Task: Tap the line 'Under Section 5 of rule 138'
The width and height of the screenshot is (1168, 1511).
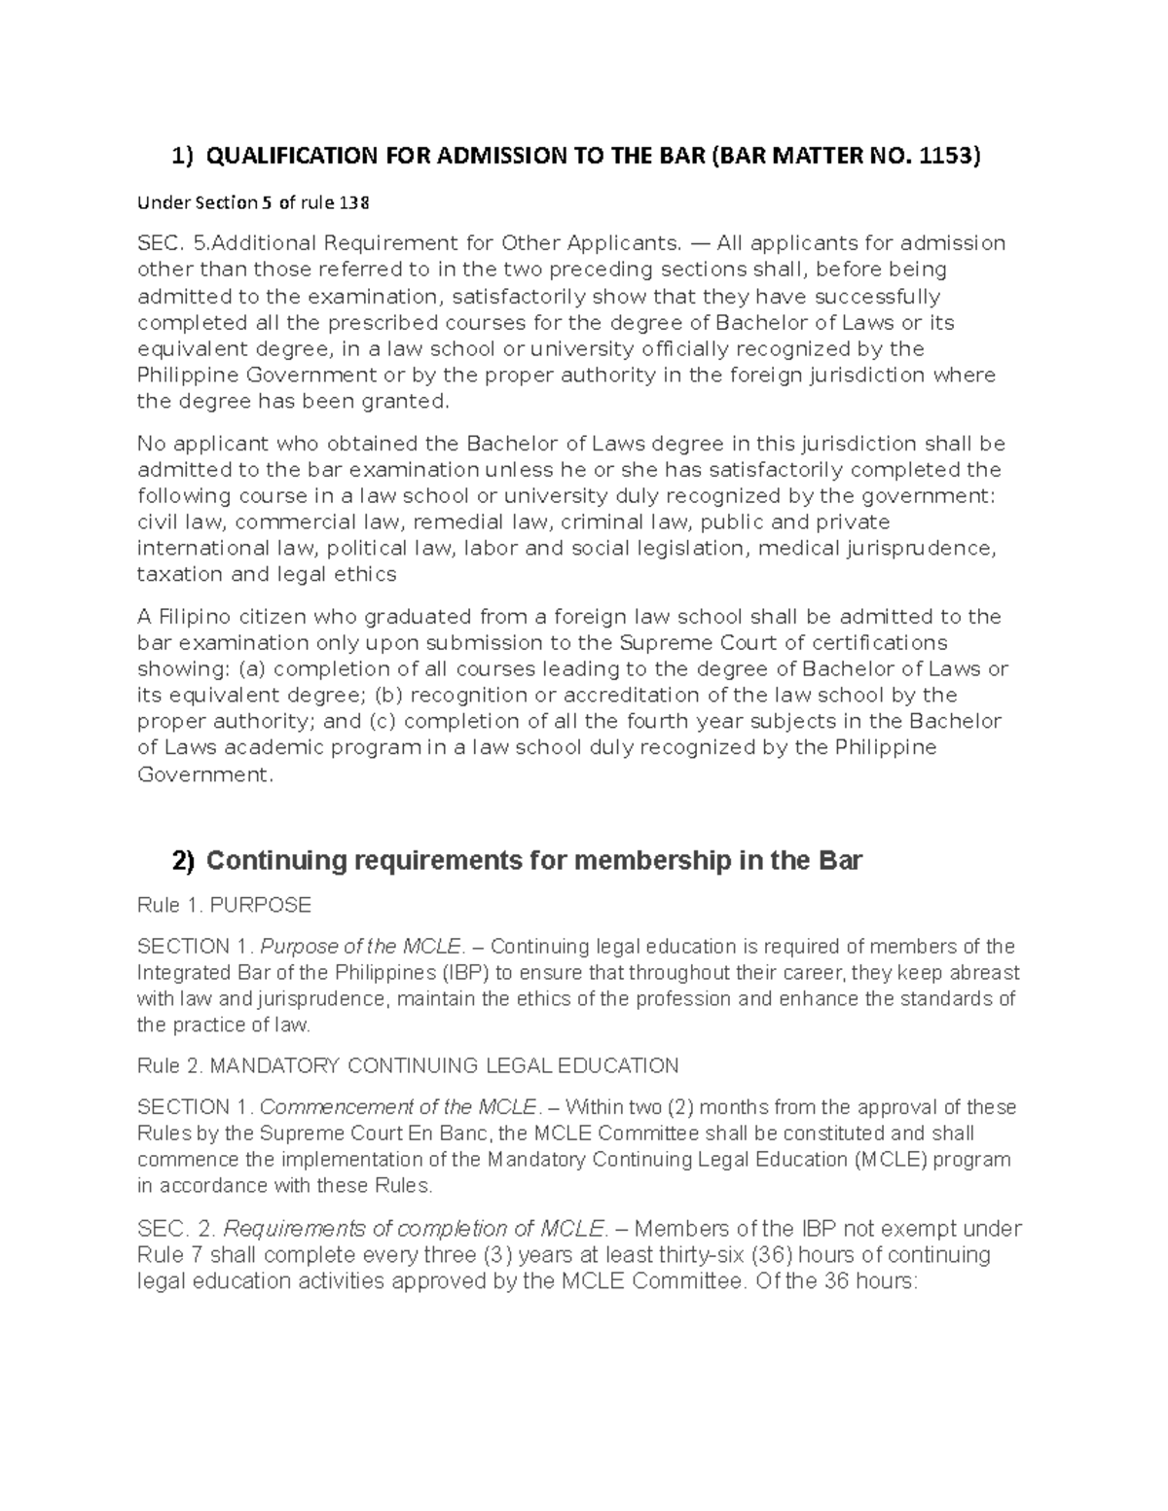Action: click(x=253, y=202)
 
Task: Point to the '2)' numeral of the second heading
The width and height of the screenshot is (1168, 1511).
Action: click(x=183, y=861)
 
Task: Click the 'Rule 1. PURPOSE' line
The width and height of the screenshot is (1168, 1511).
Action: click(x=224, y=906)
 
